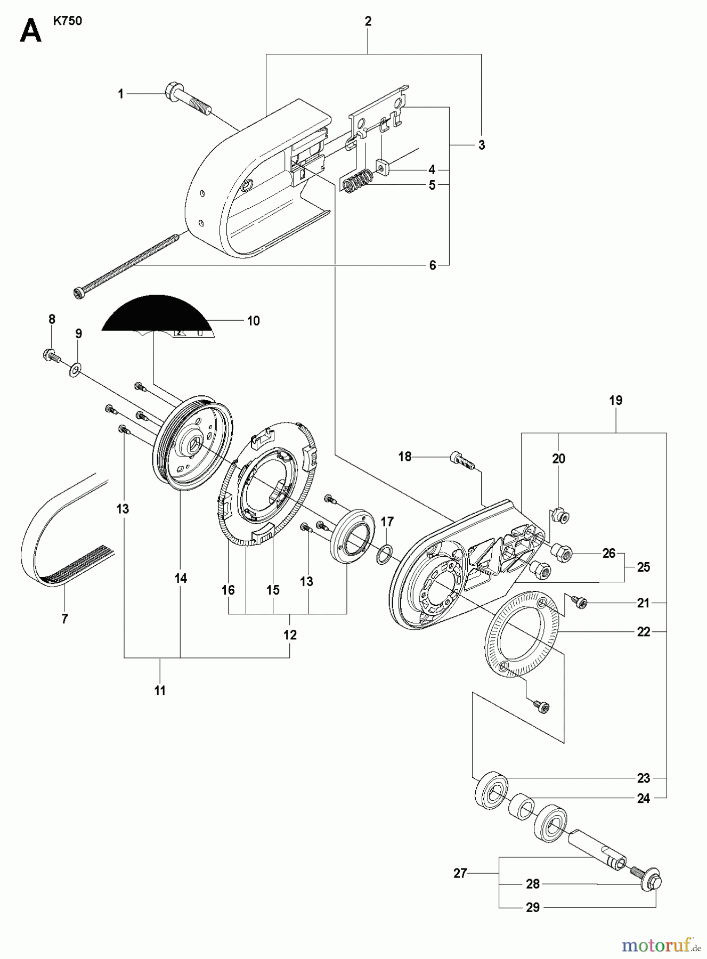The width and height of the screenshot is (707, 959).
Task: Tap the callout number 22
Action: (x=644, y=632)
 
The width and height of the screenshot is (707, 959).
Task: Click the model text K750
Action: (x=67, y=22)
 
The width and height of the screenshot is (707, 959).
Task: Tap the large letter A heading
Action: (x=30, y=32)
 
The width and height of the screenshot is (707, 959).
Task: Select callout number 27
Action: (x=460, y=873)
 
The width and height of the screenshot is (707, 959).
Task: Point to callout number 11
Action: (x=160, y=690)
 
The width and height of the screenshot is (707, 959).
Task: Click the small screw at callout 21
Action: (x=578, y=602)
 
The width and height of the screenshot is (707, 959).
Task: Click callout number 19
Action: (x=615, y=400)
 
